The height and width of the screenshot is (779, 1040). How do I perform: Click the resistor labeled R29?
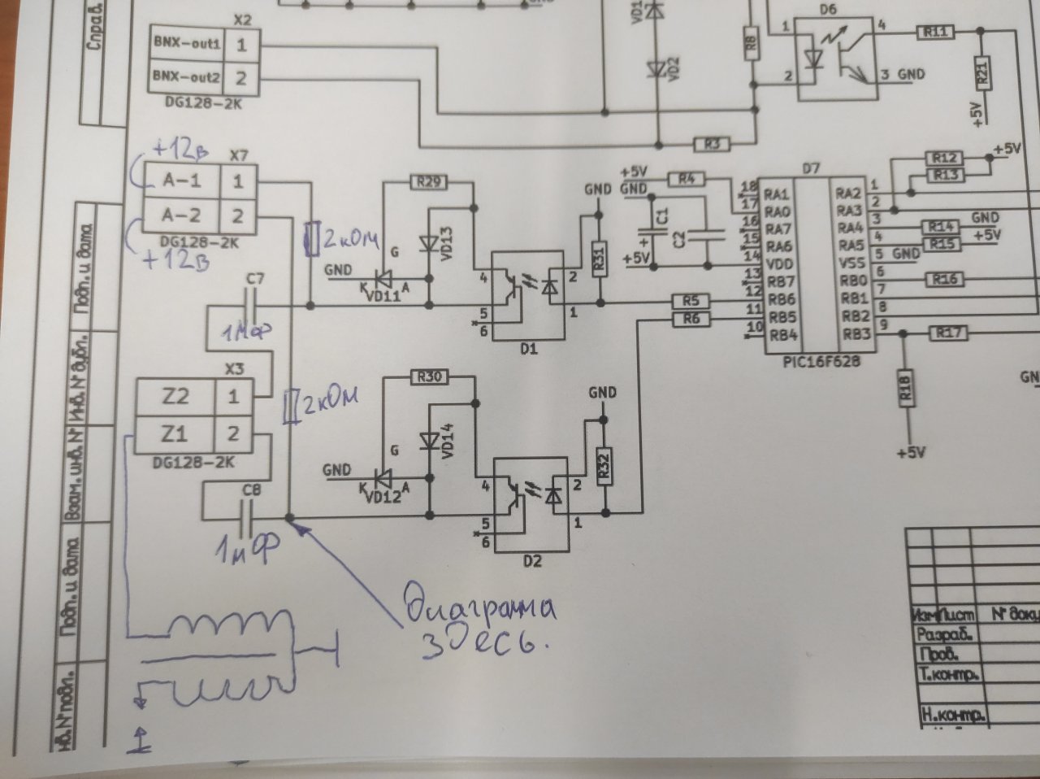coord(429,182)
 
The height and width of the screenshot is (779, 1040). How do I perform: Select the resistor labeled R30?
coord(431,377)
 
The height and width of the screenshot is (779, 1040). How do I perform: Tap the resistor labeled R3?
coord(713,145)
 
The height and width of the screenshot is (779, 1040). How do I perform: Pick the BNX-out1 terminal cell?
coord(186,44)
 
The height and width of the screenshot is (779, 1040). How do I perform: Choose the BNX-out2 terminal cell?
coord(186,78)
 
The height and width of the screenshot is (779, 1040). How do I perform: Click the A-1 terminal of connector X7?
coord(181,181)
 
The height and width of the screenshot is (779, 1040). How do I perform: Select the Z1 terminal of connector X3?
coord(175,434)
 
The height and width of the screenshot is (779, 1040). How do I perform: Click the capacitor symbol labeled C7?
coord(256,306)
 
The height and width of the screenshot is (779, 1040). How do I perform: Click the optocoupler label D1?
coord(529,350)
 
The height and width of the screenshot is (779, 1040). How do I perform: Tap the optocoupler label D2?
coord(532,561)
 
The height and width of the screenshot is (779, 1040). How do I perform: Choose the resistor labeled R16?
coord(944,280)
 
